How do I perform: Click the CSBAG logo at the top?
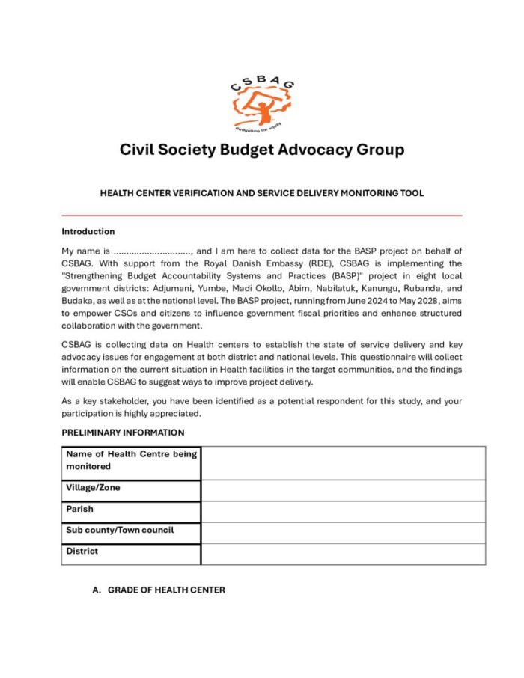pos(261,103)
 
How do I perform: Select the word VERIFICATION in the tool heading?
pos(197,193)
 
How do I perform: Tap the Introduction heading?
pos(88,232)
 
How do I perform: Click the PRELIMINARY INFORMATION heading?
pos(123,433)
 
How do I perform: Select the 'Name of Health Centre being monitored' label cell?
pos(131,460)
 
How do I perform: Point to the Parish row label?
pos(80,510)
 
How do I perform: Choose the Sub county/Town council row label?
pos(120,531)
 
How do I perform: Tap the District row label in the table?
pos(82,552)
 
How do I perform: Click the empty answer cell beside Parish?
pos(343,512)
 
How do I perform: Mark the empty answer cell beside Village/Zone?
pos(343,490)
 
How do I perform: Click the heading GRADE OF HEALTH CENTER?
pos(165,590)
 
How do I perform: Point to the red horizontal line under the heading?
pos(261,216)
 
